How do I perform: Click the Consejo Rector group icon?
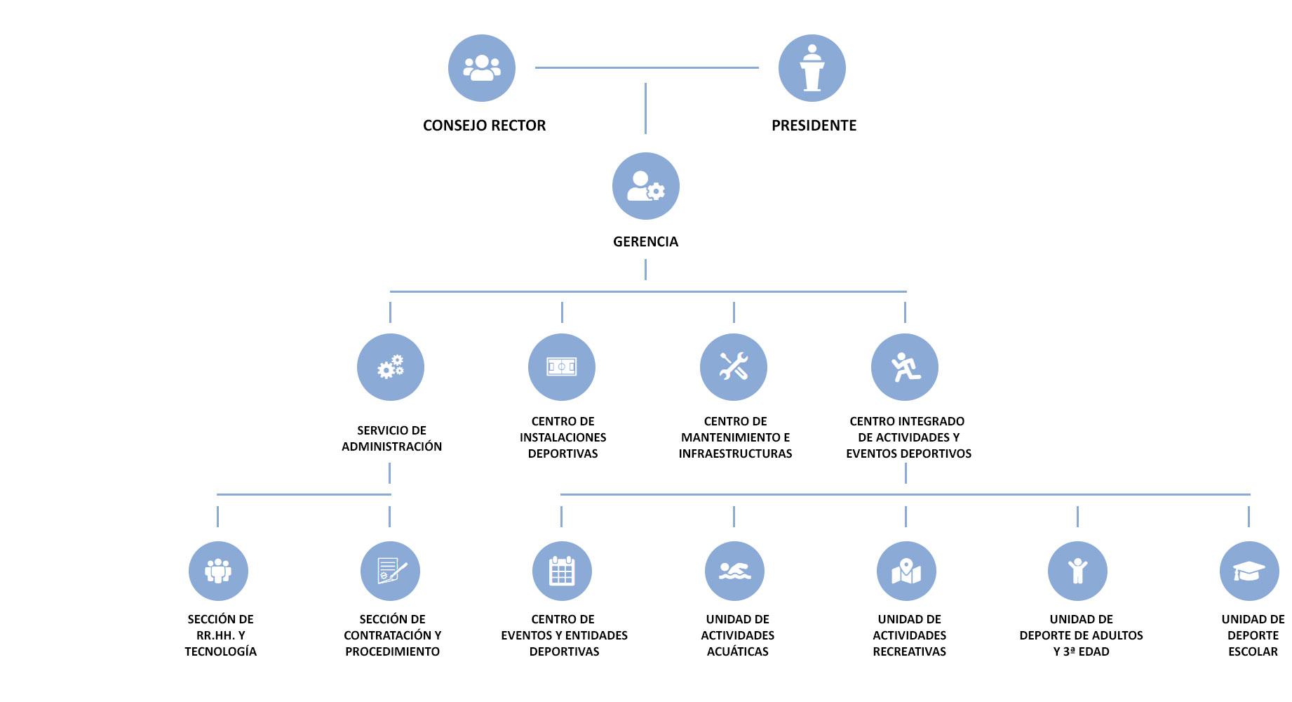coord(482,68)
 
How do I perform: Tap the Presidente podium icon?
coord(812,68)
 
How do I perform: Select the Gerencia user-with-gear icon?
coord(646,186)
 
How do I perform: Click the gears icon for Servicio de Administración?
coord(391,367)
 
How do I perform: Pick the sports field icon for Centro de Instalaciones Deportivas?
coord(562,367)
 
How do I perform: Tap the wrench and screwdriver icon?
coord(734,367)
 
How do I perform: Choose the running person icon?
coord(905,367)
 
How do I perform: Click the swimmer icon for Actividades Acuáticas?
coord(734,571)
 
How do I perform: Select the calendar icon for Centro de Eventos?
coord(562,571)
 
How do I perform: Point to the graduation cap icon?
coord(1249,571)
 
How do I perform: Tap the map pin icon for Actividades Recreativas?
coord(906,571)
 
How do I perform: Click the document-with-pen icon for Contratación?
coord(390,571)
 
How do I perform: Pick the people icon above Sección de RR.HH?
coord(218,571)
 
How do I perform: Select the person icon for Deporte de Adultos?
coord(1077,571)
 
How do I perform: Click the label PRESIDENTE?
coord(814,126)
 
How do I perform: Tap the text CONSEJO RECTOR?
coord(484,126)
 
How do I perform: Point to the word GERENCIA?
coord(645,241)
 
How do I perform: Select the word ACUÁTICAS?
coord(738,651)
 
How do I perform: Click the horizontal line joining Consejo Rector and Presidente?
coord(647,67)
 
